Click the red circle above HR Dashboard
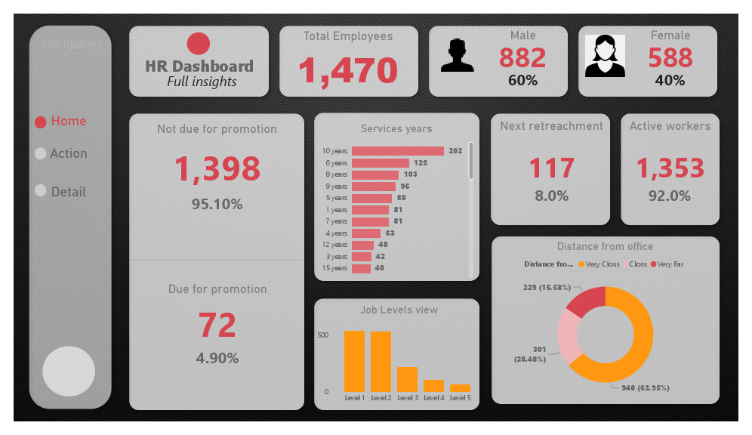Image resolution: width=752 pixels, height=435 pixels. (199, 44)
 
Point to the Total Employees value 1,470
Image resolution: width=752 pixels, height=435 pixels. (348, 71)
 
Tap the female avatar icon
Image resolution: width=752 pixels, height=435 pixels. (605, 56)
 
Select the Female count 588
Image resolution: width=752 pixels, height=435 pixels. (670, 57)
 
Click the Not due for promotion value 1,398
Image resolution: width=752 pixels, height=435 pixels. (217, 168)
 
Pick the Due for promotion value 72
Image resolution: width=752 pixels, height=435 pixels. (217, 325)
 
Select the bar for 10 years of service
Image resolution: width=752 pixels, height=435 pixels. (397, 151)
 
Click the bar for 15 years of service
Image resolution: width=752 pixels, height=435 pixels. (361, 268)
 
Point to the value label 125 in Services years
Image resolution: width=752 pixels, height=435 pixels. (420, 163)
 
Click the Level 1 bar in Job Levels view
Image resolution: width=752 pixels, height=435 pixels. (354, 361)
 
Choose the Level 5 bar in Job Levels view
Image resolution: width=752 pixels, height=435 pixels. (460, 387)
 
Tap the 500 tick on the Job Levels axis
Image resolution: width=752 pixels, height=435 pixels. (322, 335)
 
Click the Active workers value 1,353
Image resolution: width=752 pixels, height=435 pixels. (670, 168)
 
